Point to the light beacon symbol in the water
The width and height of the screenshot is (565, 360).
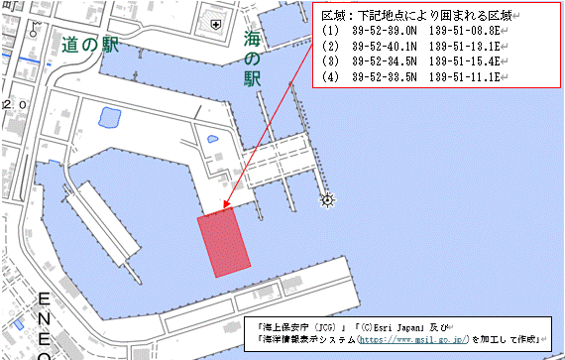coord(327,200)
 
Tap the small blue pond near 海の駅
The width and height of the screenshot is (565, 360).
coord(209,141)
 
